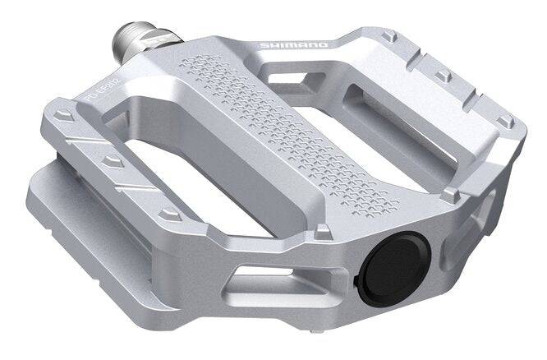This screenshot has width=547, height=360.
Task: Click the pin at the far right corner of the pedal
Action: coord(507,122)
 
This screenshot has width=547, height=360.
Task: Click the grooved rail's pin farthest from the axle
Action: coord(170,213)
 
